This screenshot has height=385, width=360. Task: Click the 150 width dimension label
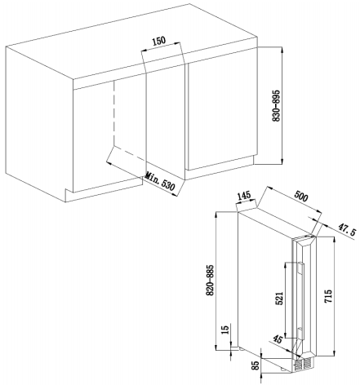tap(158, 41)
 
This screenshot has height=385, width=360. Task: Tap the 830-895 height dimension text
tap(277, 106)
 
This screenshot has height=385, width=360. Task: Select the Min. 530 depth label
tap(160, 181)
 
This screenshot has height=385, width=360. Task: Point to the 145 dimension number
tap(244, 196)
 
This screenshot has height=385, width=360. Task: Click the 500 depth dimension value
tap(301, 197)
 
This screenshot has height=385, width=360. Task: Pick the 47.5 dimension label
tap(347, 228)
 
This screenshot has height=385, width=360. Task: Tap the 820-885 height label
tap(211, 280)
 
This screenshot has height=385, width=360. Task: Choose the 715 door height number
tap(328, 296)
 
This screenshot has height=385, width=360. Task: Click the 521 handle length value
tap(279, 299)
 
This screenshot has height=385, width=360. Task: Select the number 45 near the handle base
tap(277, 339)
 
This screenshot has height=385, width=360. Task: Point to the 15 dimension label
tap(225, 330)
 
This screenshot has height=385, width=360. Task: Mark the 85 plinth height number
tap(256, 366)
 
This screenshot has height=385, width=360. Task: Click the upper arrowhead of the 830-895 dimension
tap(282, 51)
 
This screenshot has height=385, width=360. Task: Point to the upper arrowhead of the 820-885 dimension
tap(216, 215)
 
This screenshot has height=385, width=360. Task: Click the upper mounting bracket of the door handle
tap(300, 268)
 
